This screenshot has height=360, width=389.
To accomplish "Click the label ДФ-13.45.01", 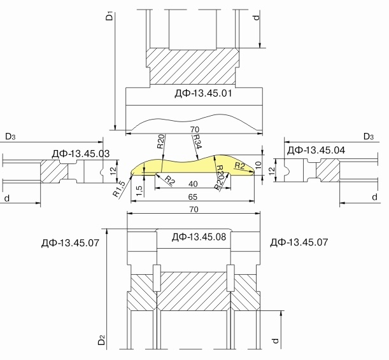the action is click(203, 93).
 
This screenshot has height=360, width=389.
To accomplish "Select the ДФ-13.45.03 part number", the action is click(81, 154).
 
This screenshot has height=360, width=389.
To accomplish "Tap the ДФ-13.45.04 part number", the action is click(316, 150).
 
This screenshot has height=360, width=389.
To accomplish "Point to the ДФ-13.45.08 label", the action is click(199, 237).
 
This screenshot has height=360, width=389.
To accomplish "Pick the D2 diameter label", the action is click(102, 340).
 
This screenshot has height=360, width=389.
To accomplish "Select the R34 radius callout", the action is click(197, 142).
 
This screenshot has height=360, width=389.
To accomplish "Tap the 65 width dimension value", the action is click(192, 197).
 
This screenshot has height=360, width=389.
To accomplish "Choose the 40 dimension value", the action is click(193, 184).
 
